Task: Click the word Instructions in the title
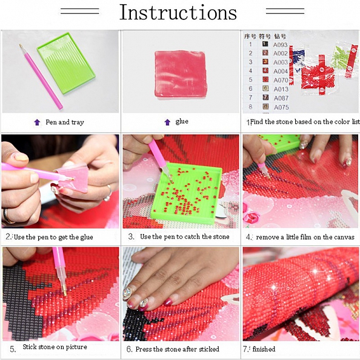point(178,12)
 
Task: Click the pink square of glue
point(180,73)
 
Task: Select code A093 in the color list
point(281,44)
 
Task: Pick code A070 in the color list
point(281,80)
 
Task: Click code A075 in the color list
point(281,107)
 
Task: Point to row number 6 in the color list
point(250,89)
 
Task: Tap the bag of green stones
point(340,57)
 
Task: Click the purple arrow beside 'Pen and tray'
point(37,122)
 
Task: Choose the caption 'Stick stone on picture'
point(55,347)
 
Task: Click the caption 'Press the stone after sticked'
point(176,349)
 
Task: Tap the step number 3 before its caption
point(131,237)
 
